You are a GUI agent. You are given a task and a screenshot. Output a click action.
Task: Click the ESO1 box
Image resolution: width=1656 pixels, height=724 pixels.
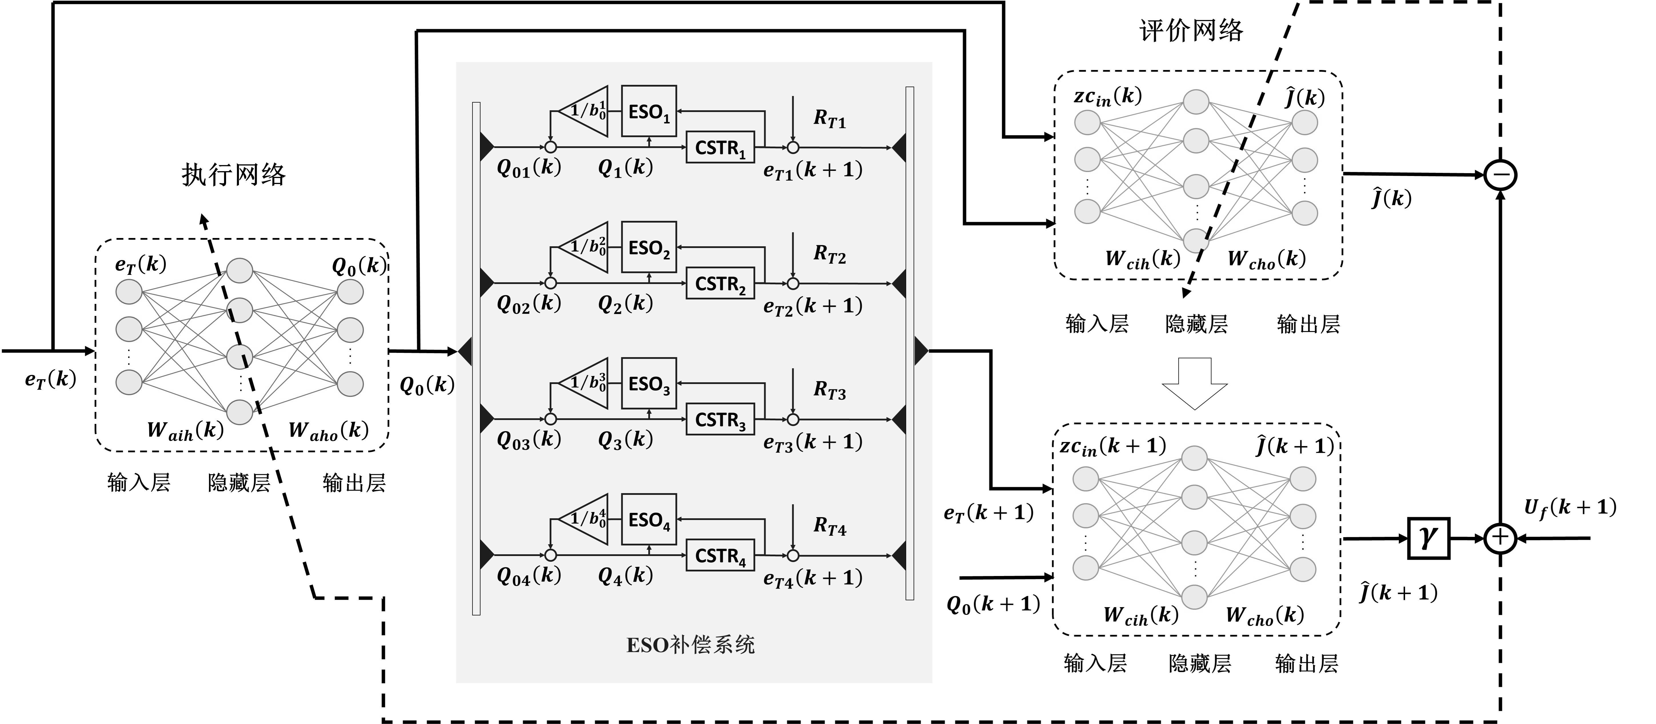coord(649,111)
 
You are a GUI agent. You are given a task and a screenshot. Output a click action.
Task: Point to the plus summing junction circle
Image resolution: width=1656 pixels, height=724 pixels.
coord(1500,538)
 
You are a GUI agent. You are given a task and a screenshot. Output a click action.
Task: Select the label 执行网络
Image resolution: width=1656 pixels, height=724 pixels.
coord(233,175)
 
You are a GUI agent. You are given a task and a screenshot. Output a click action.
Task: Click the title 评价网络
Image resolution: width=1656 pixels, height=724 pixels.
coord(1191,30)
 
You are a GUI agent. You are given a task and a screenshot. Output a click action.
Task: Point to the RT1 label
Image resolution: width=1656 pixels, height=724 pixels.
coord(829,119)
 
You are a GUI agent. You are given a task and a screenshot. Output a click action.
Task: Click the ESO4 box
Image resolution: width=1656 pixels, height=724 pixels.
coord(649,519)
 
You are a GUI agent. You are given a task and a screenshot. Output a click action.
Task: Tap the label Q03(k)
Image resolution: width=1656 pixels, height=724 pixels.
coord(528,440)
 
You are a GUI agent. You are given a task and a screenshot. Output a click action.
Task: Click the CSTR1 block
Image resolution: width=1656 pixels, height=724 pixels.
coord(720,148)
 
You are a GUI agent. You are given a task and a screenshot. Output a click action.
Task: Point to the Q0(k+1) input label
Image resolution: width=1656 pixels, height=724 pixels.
coord(993,604)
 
